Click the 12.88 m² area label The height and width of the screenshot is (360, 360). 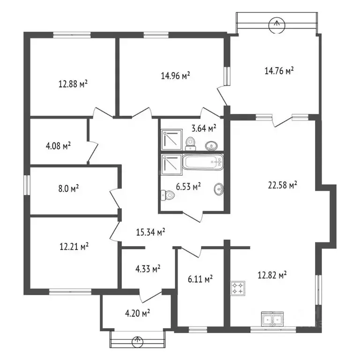(73, 84)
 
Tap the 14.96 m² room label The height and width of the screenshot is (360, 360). (175, 75)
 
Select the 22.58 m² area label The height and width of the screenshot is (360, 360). (283, 185)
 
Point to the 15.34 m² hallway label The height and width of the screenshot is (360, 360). (150, 232)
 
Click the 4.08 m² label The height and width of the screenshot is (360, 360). (58, 146)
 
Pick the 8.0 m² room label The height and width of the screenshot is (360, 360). (68, 189)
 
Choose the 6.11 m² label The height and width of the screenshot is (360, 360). (200, 279)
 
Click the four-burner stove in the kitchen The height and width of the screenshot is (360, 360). (238, 288)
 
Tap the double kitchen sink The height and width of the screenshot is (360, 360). (272, 319)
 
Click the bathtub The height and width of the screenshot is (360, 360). (202, 162)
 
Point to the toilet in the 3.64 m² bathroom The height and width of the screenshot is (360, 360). (190, 144)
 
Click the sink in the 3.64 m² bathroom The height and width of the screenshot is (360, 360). (211, 146)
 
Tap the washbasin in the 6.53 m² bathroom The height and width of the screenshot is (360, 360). (219, 189)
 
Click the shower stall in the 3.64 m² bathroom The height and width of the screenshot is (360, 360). (172, 140)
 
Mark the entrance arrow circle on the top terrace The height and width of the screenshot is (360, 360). (277, 23)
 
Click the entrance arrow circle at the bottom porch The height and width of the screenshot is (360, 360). (137, 341)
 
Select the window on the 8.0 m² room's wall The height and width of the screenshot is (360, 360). (27, 185)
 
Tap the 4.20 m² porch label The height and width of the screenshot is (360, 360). (137, 313)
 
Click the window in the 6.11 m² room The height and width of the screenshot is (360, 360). (198, 330)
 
